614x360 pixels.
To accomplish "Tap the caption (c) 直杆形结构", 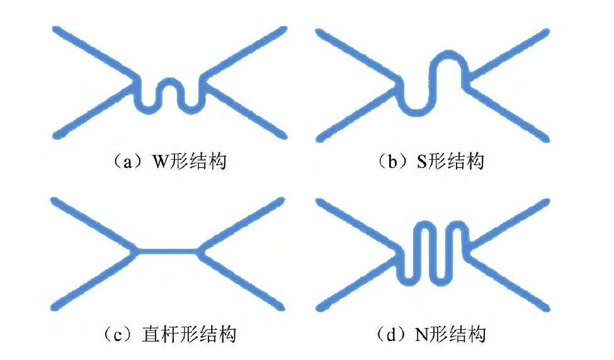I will [x=169, y=334].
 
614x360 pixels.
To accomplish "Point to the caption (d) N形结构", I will [x=430, y=334].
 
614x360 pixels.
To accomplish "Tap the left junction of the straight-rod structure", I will [x=135, y=251].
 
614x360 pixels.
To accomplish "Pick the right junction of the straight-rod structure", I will [x=200, y=251].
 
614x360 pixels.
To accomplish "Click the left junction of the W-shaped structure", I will [x=136, y=81].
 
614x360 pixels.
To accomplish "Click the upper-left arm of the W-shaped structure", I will [x=94, y=54].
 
